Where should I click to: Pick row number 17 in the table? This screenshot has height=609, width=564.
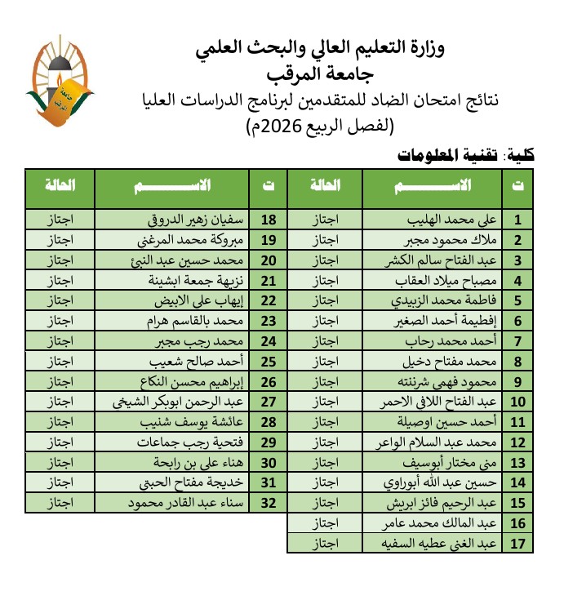click(517, 543)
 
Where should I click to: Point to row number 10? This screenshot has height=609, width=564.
click(517, 402)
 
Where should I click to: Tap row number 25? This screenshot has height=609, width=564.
click(268, 362)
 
